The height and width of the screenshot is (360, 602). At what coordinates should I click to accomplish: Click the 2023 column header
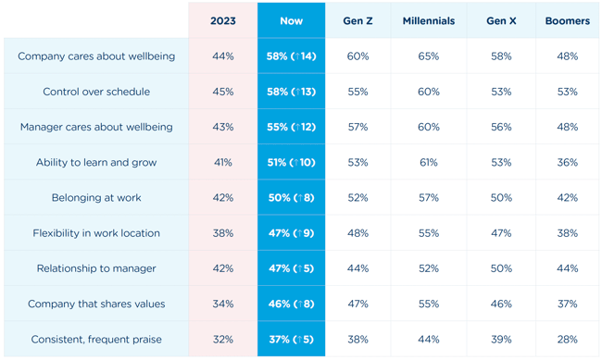222,20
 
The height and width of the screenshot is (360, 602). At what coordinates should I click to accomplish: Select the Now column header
291,20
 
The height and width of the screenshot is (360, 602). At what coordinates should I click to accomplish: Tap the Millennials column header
428,20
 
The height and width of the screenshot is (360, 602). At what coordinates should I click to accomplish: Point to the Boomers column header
567,20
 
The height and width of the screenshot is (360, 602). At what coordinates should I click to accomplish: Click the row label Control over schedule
96,92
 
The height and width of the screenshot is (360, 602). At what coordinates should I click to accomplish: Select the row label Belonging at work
96,198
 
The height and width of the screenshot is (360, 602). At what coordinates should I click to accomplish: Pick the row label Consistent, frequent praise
96,340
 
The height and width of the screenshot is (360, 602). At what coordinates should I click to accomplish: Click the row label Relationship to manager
96,268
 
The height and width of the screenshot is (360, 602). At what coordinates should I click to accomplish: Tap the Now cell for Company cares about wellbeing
291,56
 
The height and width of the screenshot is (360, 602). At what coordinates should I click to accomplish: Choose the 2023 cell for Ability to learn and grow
222,163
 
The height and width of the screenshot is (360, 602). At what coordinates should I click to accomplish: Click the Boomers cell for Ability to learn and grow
567,163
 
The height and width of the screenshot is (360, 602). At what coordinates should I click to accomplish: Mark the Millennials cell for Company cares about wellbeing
428,56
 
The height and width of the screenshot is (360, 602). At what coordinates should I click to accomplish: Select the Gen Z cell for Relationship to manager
357,268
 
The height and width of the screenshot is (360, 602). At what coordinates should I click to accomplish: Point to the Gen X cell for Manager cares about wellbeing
501,127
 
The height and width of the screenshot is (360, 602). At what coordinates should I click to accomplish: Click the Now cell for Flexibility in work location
291,233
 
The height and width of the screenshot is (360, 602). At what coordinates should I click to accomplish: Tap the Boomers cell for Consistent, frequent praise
567,340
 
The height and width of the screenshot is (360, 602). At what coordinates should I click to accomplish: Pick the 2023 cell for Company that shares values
222,304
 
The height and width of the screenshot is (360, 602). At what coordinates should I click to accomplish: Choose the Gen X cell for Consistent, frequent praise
501,340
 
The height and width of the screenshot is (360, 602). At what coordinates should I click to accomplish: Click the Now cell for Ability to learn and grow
291,163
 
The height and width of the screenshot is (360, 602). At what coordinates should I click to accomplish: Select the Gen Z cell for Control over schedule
357,92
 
